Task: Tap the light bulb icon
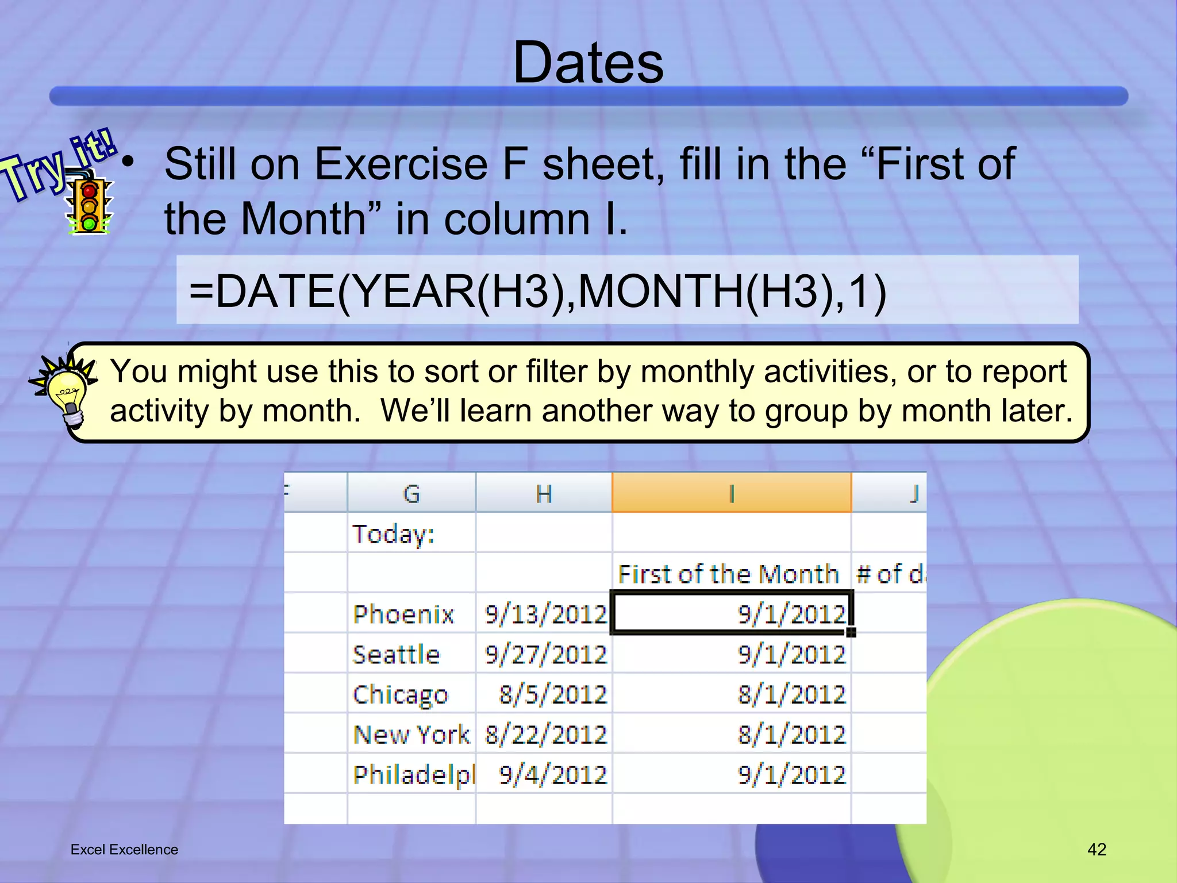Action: pos(67,394)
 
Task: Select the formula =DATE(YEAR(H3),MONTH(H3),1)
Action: pos(537,291)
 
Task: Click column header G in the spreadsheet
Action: pos(411,493)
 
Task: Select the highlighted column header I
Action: pos(732,493)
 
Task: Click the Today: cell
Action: pos(394,533)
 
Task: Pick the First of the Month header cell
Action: pos(728,574)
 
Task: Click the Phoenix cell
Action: pos(403,614)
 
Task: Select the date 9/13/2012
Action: pos(545,614)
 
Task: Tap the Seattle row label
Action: pos(397,654)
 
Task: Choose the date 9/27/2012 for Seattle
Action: pos(545,654)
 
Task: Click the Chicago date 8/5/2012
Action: pos(552,694)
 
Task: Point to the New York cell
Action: pos(411,735)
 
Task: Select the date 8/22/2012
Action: pos(545,735)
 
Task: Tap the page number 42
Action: pos(1097,849)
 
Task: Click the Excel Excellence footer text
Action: pos(124,850)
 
